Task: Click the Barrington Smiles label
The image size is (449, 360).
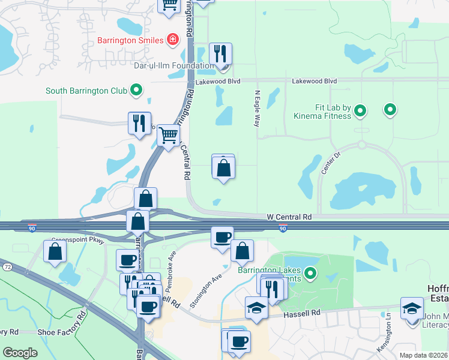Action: coord(130,40)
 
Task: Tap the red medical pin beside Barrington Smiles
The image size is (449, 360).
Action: coord(173,40)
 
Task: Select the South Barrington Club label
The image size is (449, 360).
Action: coord(86,91)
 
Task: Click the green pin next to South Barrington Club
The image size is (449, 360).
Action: coord(136,91)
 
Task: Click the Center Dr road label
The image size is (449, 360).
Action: coord(330,163)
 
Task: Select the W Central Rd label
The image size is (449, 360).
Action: coord(289,216)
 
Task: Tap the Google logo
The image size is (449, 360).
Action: coord(20,352)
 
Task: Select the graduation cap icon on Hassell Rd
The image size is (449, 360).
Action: coord(257,308)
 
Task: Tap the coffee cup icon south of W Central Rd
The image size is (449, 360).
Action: coord(222,237)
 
